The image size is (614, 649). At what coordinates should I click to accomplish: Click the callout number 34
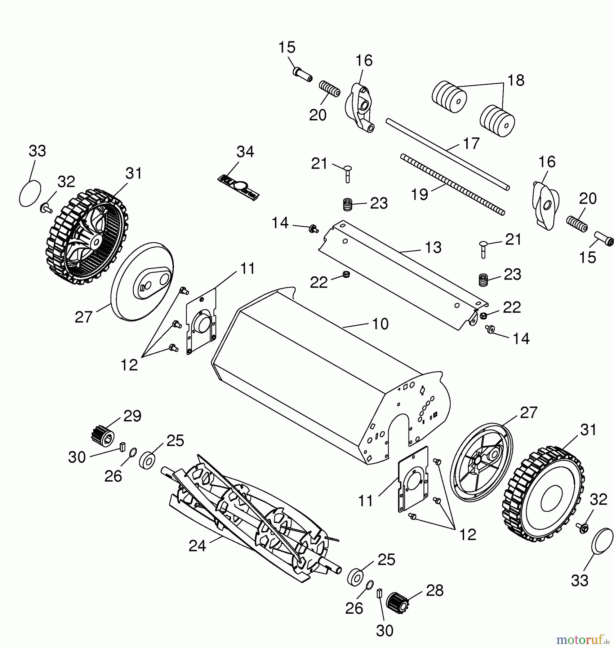[x=245, y=152]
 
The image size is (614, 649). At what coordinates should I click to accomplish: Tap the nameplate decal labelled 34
[x=239, y=187]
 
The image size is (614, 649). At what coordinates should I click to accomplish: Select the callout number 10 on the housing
[x=380, y=324]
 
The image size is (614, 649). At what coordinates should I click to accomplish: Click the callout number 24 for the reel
[x=197, y=546]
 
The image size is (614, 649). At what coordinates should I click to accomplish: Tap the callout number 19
[x=420, y=194]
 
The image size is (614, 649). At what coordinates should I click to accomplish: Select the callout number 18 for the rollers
[x=516, y=80]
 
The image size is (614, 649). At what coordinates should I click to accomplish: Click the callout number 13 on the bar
[x=433, y=247]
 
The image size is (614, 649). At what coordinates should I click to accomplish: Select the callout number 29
[x=132, y=416]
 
